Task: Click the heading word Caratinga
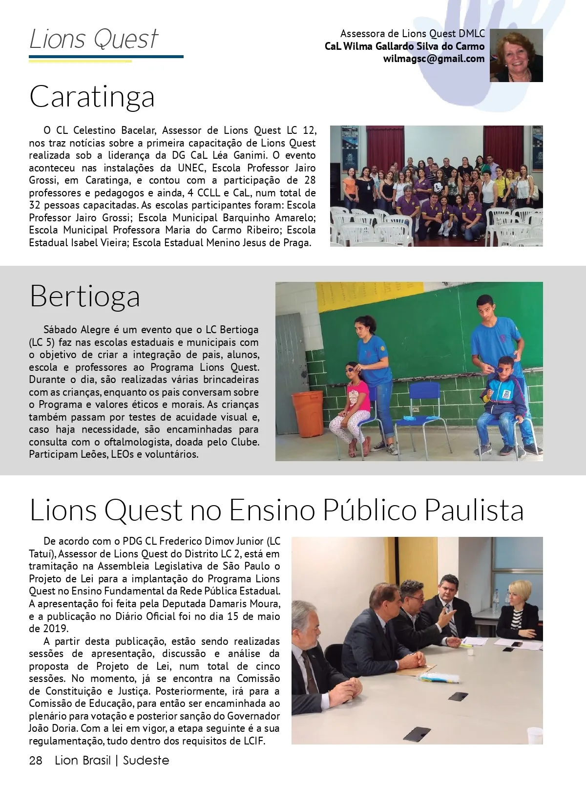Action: (x=92, y=97)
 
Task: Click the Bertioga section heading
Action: (x=84, y=296)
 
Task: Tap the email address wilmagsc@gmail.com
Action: (x=434, y=59)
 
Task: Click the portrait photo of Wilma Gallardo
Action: (x=516, y=55)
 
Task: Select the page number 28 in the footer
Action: (x=36, y=760)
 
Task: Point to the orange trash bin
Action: (x=307, y=414)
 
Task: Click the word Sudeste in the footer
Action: (x=146, y=760)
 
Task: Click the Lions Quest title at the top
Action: (x=94, y=39)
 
